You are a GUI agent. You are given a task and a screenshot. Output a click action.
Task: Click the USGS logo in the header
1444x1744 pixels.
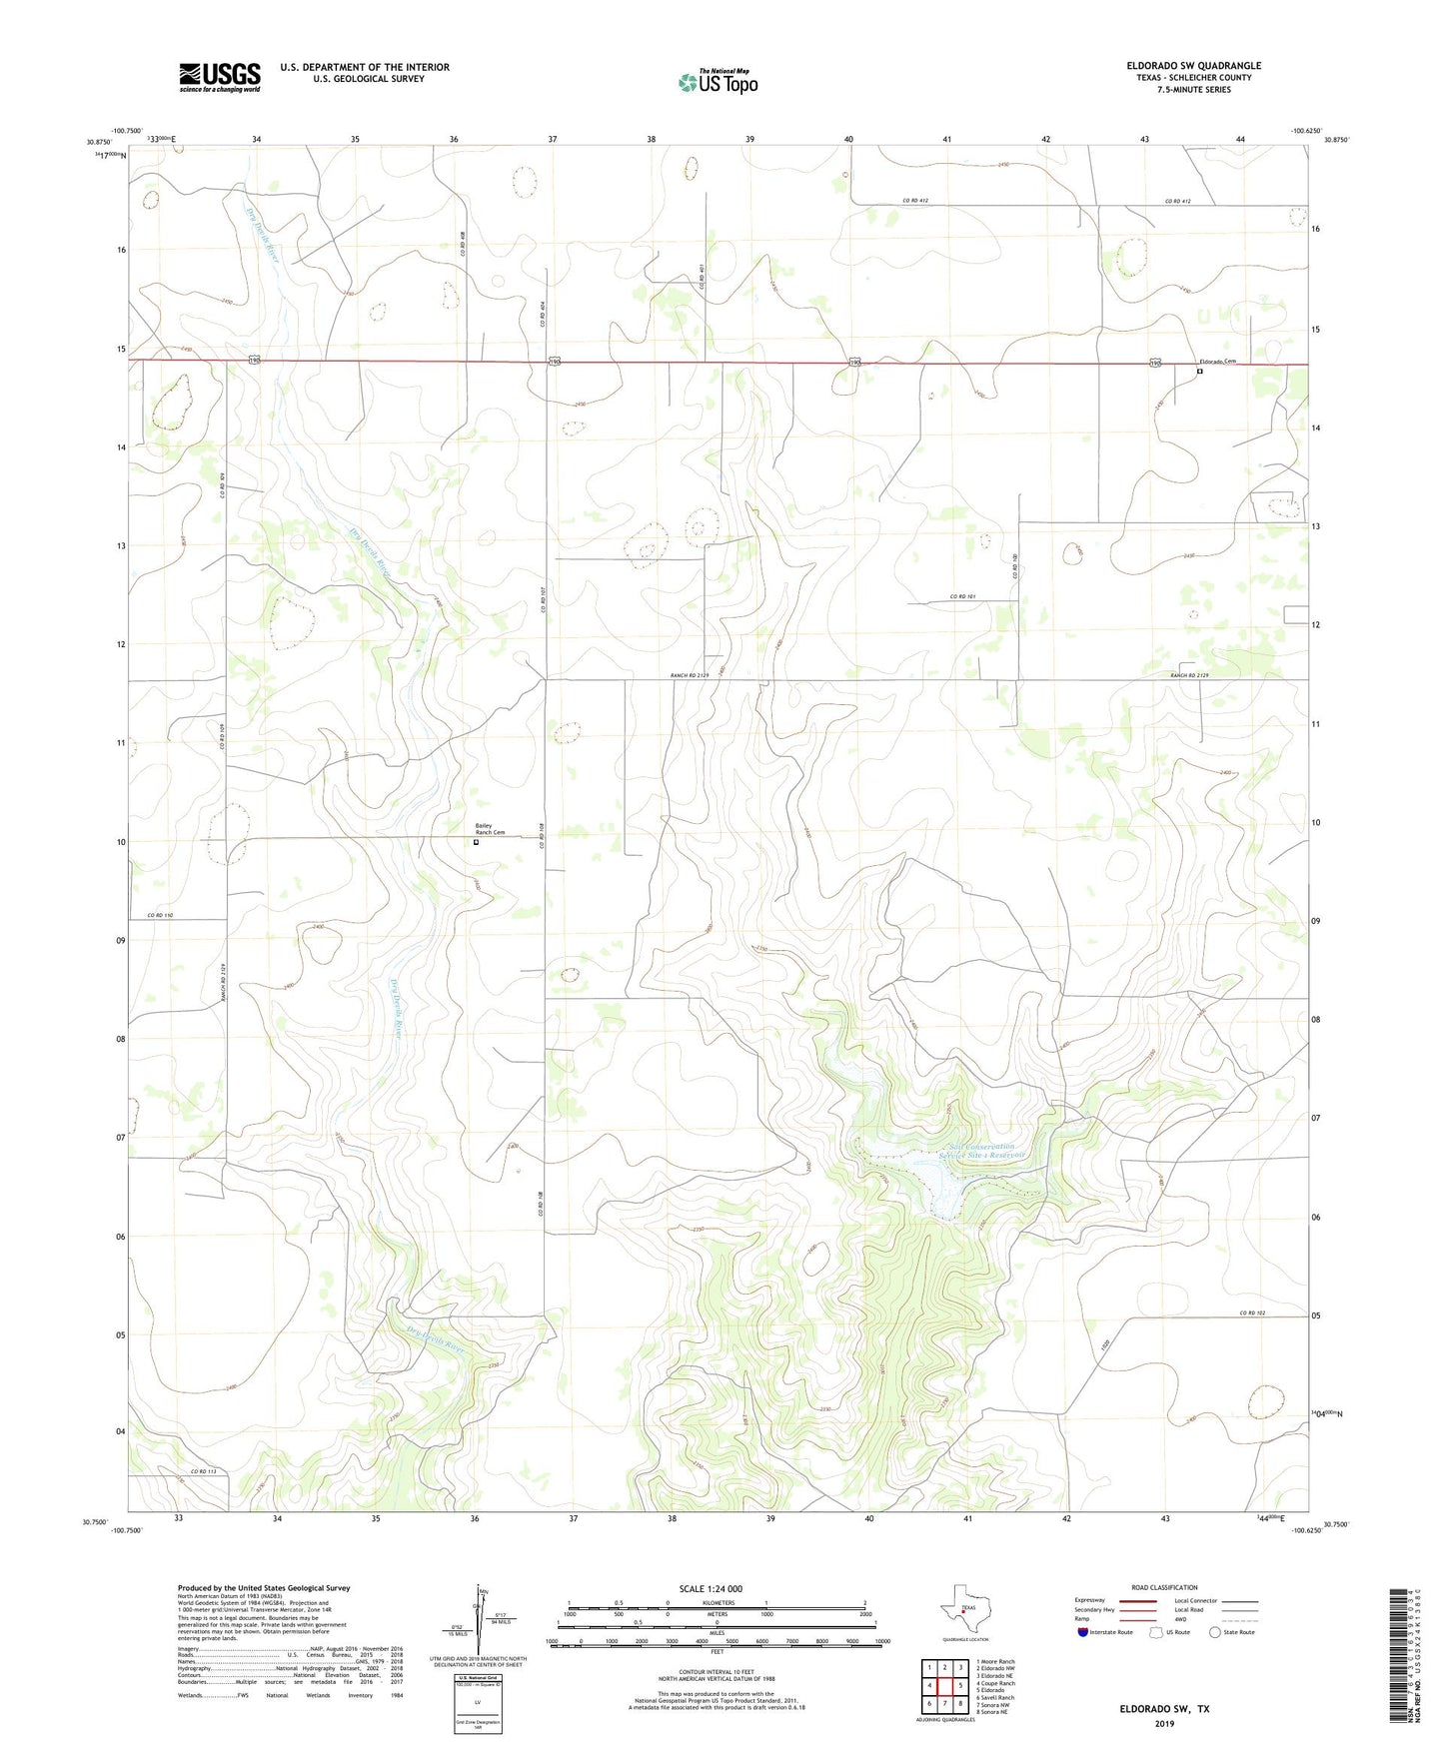(x=220, y=77)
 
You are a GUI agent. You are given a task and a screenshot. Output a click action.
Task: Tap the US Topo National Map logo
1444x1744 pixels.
(x=718, y=82)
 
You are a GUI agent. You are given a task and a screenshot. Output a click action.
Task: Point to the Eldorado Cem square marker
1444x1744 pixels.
(x=1199, y=372)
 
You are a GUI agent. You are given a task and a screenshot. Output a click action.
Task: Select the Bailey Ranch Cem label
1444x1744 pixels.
(x=490, y=829)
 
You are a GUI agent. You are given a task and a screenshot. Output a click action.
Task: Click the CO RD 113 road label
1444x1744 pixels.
(x=203, y=1472)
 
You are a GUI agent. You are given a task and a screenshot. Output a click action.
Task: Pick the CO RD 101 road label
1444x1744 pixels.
(x=962, y=596)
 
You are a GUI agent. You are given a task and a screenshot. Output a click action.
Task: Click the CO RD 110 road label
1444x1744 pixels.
(x=160, y=915)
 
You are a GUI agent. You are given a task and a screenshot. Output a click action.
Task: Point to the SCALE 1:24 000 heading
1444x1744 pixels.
(x=711, y=1589)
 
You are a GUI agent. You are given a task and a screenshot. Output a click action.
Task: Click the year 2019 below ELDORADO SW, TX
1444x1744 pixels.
(x=1164, y=1724)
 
